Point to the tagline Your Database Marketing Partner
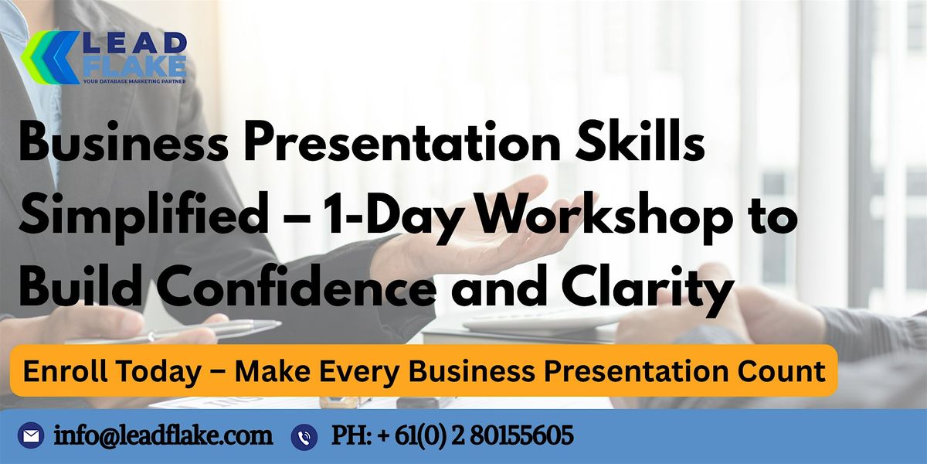coord(132,81)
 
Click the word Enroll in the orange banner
coord(63,371)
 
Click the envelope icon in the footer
coord(31,437)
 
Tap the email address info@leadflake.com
coord(163,436)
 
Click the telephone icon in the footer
coord(304,437)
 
